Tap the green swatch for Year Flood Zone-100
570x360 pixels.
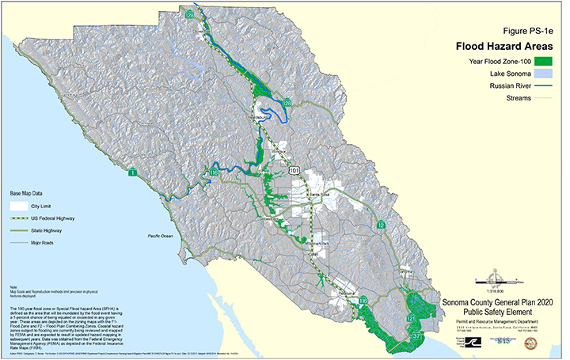[542, 60]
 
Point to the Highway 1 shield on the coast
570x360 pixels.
[133, 172]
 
